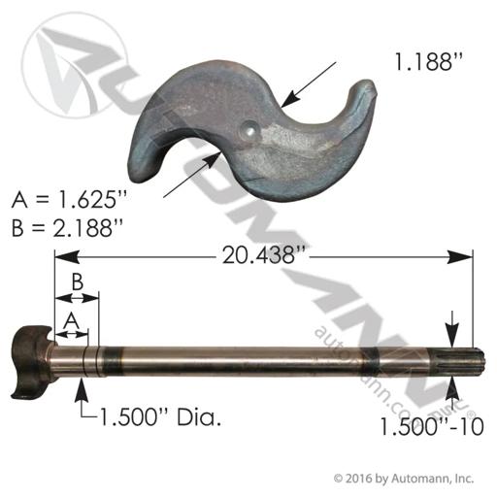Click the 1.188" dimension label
coord(428,61)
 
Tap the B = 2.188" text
coord(67,227)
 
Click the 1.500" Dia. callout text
coord(161,416)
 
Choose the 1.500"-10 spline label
coord(432,426)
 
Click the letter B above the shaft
coord(77,282)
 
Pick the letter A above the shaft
coord(72,321)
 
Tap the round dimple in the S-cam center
coord(249,130)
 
